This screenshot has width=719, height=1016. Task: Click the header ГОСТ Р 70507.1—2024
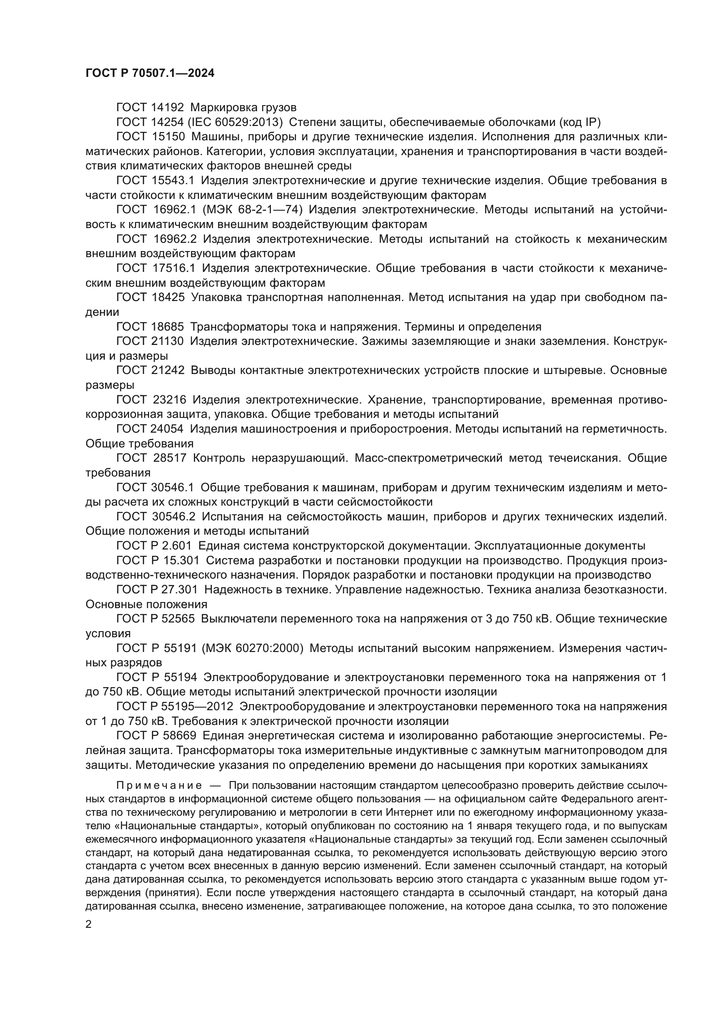(x=150, y=73)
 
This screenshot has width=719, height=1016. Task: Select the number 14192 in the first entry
(x=167, y=108)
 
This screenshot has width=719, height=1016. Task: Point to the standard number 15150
(x=167, y=137)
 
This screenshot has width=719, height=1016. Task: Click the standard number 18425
(x=168, y=298)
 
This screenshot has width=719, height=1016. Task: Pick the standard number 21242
(x=168, y=371)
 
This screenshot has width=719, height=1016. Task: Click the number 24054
(x=168, y=429)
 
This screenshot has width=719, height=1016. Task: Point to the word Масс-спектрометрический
(x=429, y=458)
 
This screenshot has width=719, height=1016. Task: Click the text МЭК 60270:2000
(x=253, y=648)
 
